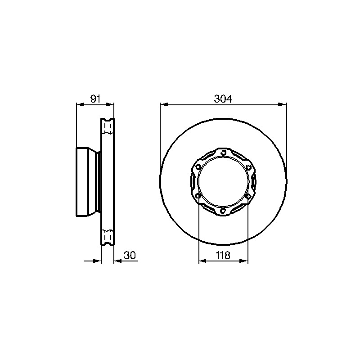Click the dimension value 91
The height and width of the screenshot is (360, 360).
click(95, 99)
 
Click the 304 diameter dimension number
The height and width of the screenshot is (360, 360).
click(223, 99)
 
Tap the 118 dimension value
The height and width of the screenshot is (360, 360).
click(223, 255)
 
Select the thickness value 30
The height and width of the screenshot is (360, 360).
click(130, 255)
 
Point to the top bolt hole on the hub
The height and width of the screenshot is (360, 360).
click(223, 153)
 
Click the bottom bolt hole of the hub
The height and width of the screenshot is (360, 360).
click(223, 210)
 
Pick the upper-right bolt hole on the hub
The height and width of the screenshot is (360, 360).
click(248, 167)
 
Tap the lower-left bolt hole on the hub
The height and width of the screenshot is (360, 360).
click(198, 196)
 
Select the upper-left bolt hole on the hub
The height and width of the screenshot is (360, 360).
click(198, 166)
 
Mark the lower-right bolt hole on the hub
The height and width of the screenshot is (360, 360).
click(248, 196)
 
